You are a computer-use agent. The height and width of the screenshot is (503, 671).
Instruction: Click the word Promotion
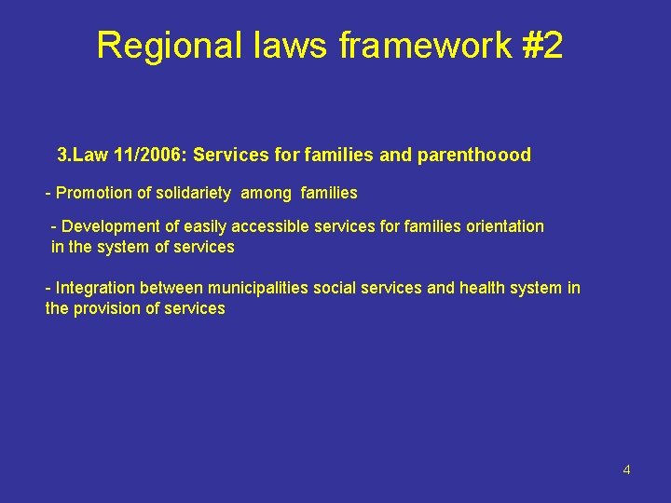point(92,193)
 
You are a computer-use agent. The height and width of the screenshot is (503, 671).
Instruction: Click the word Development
point(111,226)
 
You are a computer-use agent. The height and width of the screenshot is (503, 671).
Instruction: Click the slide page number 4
point(626,469)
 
